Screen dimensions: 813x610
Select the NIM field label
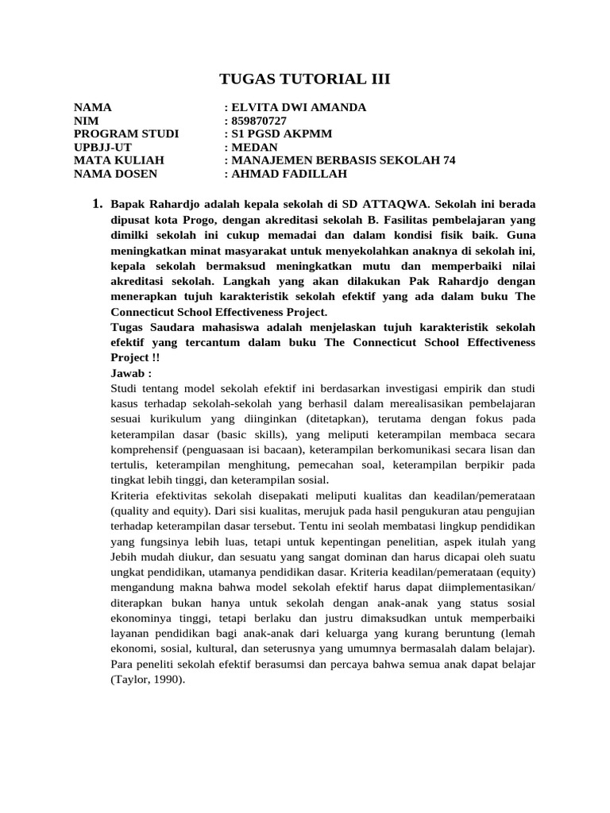tap(85, 120)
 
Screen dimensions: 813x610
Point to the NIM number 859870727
tap(259, 120)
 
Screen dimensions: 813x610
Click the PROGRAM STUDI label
tap(126, 133)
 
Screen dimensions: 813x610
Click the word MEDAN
tap(254, 147)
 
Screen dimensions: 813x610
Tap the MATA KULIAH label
tap(118, 160)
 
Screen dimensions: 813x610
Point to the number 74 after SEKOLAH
tap(449, 160)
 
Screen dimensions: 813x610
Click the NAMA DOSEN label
tap(115, 174)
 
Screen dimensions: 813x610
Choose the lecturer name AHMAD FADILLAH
tap(289, 174)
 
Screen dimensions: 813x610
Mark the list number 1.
tap(98, 204)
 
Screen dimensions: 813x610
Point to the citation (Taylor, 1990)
tap(147, 680)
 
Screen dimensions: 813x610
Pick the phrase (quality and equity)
tap(160, 511)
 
